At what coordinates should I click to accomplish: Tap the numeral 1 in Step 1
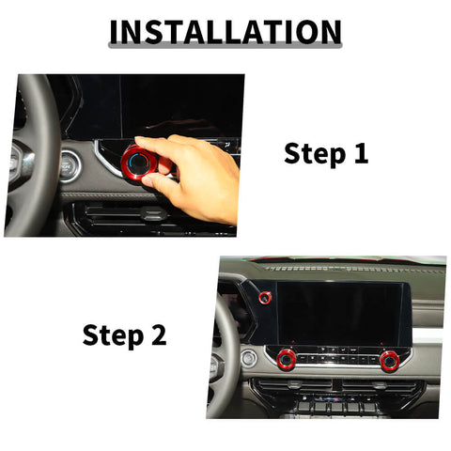(360, 154)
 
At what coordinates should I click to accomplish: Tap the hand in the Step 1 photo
(202, 179)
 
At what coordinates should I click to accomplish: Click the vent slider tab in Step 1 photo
(148, 213)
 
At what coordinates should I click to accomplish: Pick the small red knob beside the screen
(266, 299)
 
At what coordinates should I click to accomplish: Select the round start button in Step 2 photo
(248, 358)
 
